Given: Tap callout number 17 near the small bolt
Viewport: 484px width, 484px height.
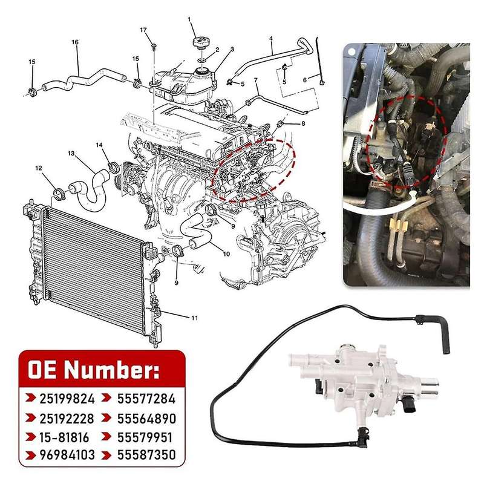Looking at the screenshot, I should (x=143, y=30).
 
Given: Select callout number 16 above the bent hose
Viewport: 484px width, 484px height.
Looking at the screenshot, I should (x=75, y=42).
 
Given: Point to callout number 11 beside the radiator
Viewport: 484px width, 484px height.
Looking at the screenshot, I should (x=194, y=317).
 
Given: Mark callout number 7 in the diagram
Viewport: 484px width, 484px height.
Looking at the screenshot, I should (x=256, y=80).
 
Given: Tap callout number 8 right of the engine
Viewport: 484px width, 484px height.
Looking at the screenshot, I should (x=303, y=124).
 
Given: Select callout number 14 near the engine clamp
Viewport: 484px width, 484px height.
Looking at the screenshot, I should (x=100, y=145).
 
